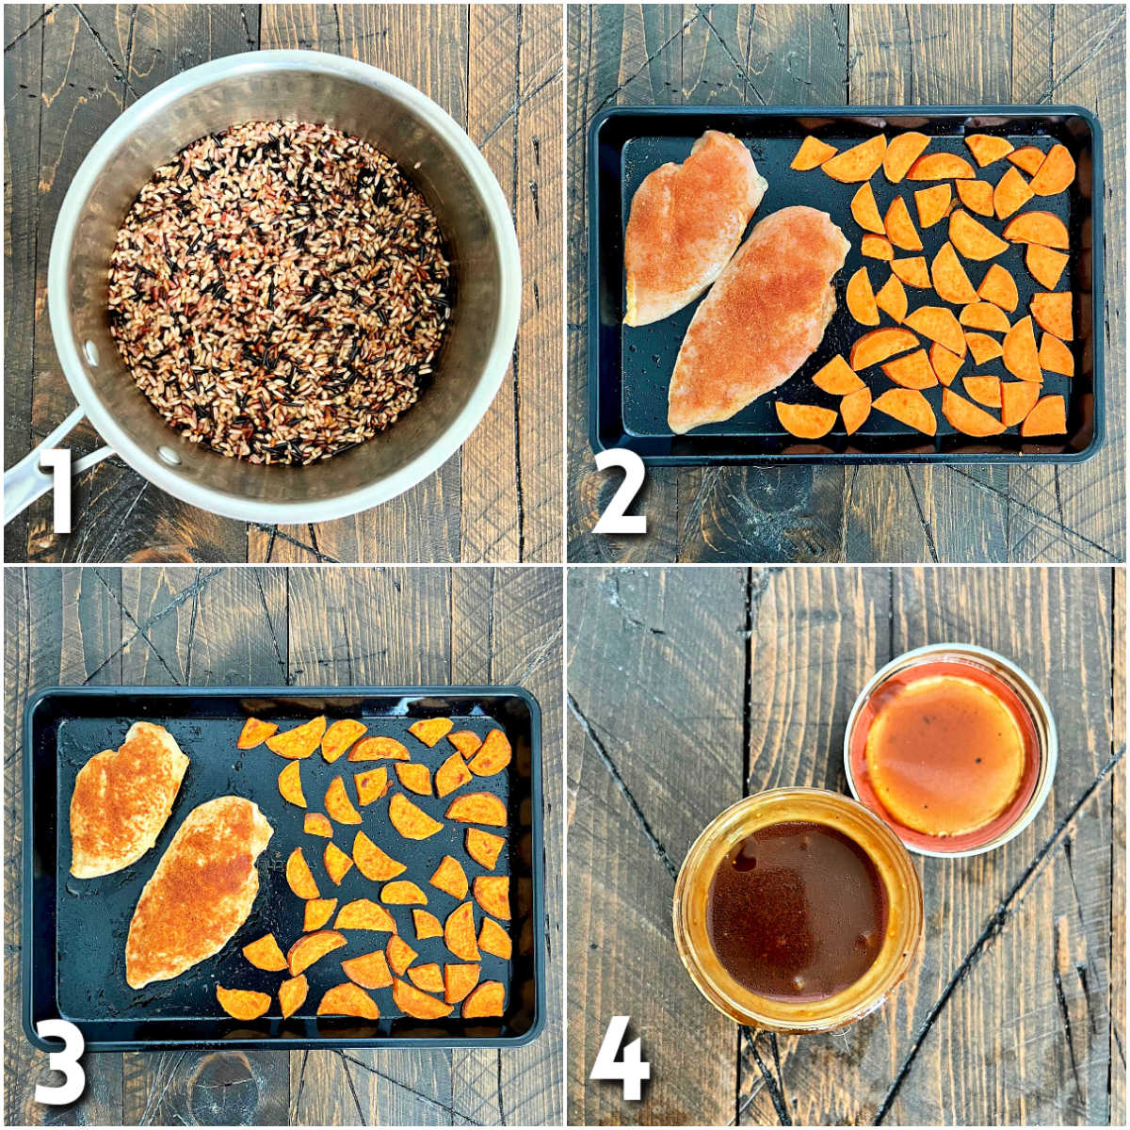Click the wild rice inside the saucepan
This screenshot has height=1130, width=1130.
278,292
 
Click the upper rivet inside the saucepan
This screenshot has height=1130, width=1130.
91,352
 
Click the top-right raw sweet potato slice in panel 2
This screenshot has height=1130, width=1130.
1054,170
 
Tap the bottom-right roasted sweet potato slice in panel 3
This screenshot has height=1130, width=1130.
484,1000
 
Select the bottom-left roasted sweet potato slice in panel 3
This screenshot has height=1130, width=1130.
243,1003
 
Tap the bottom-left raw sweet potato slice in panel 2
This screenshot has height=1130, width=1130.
805,420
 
